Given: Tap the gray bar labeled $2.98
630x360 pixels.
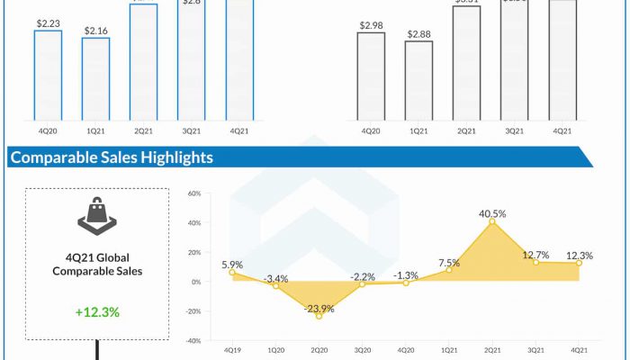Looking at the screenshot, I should click(371, 76).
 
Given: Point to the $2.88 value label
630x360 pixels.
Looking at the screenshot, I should click(418, 34).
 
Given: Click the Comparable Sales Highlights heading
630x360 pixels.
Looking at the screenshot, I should click(111, 157).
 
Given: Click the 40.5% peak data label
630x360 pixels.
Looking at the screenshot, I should click(492, 214).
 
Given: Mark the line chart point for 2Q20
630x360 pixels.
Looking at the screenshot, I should click(319, 316).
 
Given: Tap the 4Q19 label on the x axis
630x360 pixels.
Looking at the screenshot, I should click(231, 349).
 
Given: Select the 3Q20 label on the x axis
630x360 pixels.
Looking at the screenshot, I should click(362, 349).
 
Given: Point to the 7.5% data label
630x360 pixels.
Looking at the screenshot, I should click(449, 263).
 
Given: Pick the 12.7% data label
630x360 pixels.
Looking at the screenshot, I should click(536, 255).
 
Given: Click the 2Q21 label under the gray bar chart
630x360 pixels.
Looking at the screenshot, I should click(466, 131).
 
